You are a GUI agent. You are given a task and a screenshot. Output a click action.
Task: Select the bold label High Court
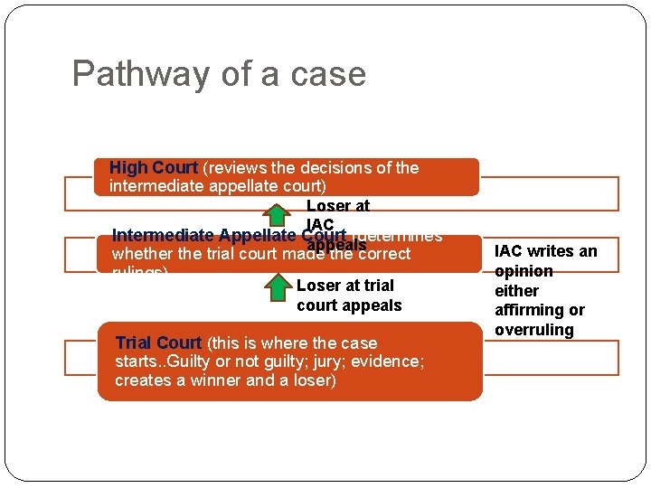click(x=153, y=168)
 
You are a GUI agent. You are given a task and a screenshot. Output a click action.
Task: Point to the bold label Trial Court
click(x=158, y=343)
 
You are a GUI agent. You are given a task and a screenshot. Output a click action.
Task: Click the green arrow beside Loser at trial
click(x=278, y=286)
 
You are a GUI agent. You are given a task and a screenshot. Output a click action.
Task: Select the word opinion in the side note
click(x=524, y=271)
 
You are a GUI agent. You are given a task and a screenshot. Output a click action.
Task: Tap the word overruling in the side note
click(x=534, y=330)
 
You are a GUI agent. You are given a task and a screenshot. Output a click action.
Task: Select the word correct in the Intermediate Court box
click(x=380, y=255)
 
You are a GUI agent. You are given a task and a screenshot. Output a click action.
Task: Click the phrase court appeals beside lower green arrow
click(x=349, y=305)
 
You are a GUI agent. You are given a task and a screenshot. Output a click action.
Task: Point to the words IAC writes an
click(x=546, y=251)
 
